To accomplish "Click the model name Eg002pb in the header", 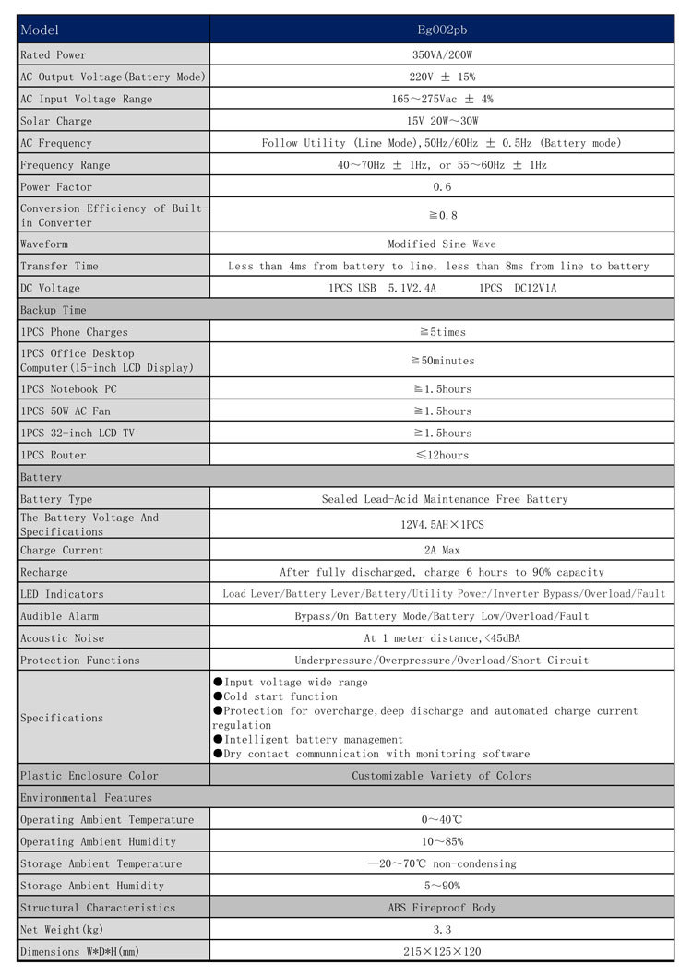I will pyautogui.click(x=442, y=30).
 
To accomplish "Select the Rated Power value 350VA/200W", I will pyautogui.click(x=442, y=55).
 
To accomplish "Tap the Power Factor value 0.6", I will pyautogui.click(x=442, y=187).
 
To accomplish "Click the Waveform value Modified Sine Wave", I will pyautogui.click(x=442, y=244).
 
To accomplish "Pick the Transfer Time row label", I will pyautogui.click(x=59, y=267).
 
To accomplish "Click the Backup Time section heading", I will pyautogui.click(x=54, y=311).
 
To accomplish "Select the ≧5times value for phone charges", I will pyautogui.click(x=442, y=332).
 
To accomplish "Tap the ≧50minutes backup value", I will pyautogui.click(x=442, y=361).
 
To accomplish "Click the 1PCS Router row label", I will pyautogui.click(x=54, y=456).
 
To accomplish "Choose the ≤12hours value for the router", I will pyautogui.click(x=442, y=456).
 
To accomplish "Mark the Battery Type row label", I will pyautogui.click(x=56, y=500).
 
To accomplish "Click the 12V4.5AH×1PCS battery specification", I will pyautogui.click(x=442, y=525).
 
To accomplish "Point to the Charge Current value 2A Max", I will pyautogui.click(x=442, y=551).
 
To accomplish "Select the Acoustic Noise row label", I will pyautogui.click(x=63, y=638).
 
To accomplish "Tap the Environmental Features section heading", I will pyautogui.click(x=87, y=798).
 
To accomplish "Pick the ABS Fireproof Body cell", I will pyautogui.click(x=442, y=908).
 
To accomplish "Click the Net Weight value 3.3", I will pyautogui.click(x=442, y=930).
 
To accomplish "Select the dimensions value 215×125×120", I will pyautogui.click(x=442, y=952).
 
